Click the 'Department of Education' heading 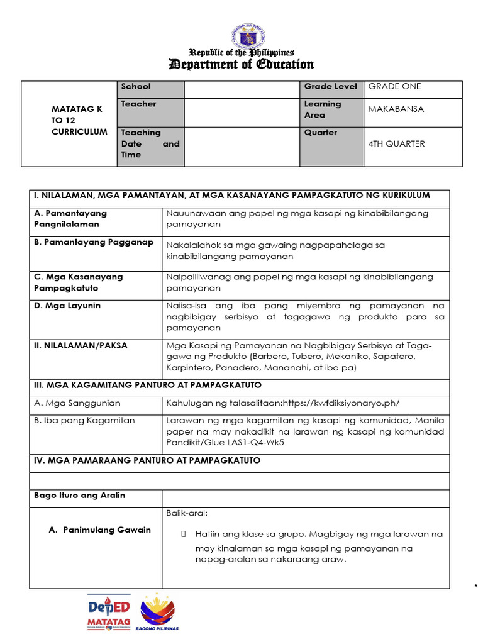tap(241, 64)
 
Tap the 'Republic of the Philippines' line tap(241, 53)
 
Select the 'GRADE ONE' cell tap(395, 87)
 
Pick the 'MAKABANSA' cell tap(396, 109)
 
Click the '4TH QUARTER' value tap(396, 143)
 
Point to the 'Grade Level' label tap(330, 87)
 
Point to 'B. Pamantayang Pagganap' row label tap(94, 243)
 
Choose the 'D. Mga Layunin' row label tap(67, 306)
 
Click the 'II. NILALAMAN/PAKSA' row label tap(80, 345)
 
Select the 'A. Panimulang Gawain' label tap(100, 530)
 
